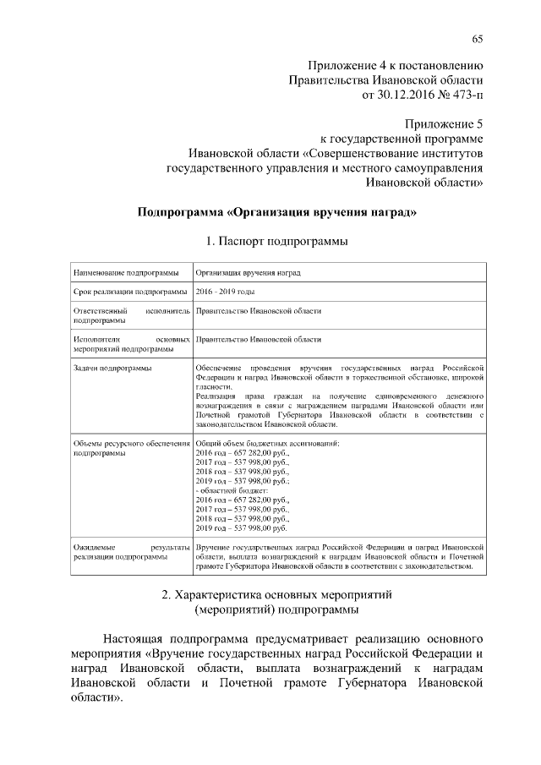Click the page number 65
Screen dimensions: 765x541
click(x=478, y=38)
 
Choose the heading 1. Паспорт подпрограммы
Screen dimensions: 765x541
click(x=277, y=242)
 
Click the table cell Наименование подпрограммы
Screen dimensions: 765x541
click(x=126, y=273)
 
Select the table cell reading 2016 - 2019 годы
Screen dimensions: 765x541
click(x=225, y=292)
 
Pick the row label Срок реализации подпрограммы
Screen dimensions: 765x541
click(x=131, y=292)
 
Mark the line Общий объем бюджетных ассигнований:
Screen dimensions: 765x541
click(x=266, y=444)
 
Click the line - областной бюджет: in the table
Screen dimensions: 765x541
click(x=231, y=490)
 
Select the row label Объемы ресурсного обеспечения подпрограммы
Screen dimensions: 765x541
click(x=131, y=448)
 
